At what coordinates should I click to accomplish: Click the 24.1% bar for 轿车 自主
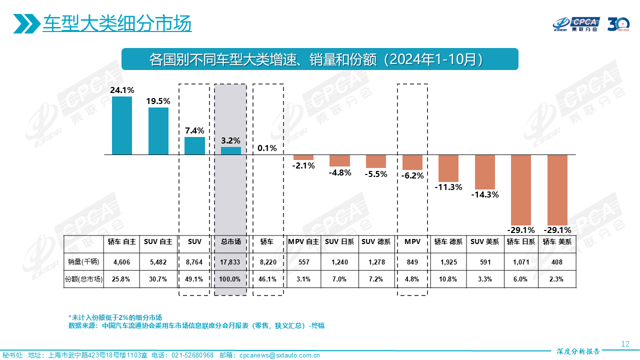pos(122,125)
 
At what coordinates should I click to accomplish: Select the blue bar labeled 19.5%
pos(158,131)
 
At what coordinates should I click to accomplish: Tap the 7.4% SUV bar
pos(194,145)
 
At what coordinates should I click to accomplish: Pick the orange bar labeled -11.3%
pos(448,168)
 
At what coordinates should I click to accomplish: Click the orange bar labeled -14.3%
pos(484,171)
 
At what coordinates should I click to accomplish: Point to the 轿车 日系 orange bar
pos(521,189)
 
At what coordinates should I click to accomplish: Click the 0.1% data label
pos(267,148)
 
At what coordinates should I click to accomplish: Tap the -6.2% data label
pos(412,175)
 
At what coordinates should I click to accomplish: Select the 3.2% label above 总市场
pos(230,140)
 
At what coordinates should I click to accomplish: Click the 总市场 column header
pos(230,242)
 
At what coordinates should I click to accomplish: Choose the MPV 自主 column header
pos(303,242)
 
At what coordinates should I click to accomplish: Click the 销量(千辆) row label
pos(83,261)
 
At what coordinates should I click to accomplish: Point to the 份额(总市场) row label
pos(83,279)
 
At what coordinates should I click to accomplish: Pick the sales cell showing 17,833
pos(230,261)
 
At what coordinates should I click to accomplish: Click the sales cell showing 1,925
pos(448,261)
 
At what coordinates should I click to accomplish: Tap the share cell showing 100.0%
pos(230,279)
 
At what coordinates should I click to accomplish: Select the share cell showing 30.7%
pos(158,279)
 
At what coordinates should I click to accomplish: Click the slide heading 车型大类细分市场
pos(117,23)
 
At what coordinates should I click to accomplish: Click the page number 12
pos(624,343)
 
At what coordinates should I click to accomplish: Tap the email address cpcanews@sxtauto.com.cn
pos(279,355)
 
